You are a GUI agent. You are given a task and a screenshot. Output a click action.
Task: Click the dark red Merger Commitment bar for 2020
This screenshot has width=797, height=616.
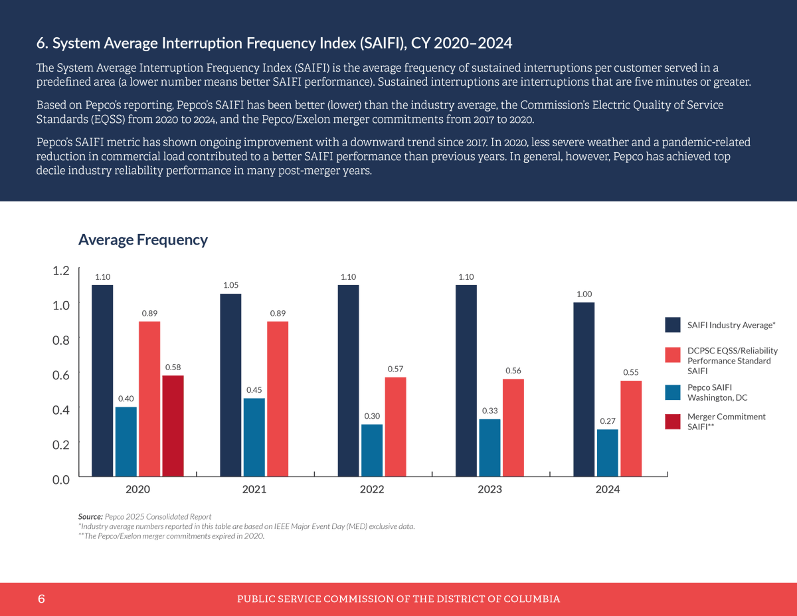(x=173, y=426)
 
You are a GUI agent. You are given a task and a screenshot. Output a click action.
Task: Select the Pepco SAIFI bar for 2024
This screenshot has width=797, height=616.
(x=608, y=453)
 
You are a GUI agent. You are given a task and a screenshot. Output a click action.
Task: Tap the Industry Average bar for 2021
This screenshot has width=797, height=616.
(x=230, y=385)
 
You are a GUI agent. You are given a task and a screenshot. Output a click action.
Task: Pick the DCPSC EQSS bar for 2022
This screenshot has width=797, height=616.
(x=395, y=427)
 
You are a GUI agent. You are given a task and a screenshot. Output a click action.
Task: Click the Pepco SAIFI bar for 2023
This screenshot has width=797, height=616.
(x=489, y=447)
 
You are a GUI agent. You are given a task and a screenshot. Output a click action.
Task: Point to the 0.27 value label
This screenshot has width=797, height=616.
(x=608, y=421)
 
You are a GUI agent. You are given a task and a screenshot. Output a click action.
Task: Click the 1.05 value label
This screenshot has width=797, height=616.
(x=230, y=285)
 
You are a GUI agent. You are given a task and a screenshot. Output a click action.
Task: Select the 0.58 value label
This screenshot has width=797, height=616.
(x=173, y=367)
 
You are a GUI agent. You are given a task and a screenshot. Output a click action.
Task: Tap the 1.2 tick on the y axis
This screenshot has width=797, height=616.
(x=61, y=270)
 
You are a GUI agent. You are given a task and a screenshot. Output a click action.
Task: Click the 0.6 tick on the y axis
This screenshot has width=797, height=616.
(x=61, y=375)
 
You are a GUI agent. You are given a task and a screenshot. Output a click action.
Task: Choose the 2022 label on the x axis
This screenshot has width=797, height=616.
(x=372, y=490)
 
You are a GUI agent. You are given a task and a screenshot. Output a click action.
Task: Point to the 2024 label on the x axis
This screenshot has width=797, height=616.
(x=608, y=490)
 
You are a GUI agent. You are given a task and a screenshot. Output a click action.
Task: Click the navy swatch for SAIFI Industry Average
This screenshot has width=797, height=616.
(x=673, y=325)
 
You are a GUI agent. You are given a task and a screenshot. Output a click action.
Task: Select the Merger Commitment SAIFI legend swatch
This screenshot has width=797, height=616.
(x=673, y=421)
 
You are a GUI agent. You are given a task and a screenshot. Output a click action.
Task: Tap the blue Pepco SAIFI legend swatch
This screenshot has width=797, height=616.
(x=673, y=392)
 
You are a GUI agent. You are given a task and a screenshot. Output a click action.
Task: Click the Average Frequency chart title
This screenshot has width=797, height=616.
(x=143, y=240)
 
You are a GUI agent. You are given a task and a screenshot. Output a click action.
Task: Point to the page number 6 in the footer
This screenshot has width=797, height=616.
(x=41, y=599)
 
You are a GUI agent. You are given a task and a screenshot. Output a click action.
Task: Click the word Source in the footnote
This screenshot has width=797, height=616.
(x=90, y=516)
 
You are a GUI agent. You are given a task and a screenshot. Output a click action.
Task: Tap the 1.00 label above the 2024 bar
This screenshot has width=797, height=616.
(x=584, y=294)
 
